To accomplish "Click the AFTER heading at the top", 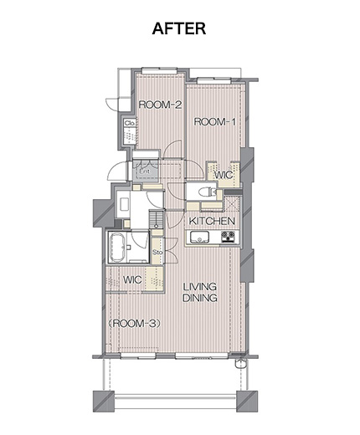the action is click(179, 28).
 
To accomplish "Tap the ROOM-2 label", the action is click(160, 105).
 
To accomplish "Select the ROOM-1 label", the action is click(215, 122).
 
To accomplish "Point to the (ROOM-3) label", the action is click(135, 324).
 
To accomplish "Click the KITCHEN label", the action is click(212, 221).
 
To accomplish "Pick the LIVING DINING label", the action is click(200, 292).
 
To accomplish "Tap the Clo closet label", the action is click(130, 123).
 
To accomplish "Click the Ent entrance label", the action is click(145, 171).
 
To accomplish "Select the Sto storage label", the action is click(157, 252).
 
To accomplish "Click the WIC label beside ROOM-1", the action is click(224, 175).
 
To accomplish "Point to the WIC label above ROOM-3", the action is click(132, 279).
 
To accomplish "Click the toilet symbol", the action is click(207, 192).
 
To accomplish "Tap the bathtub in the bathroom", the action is click(117, 248).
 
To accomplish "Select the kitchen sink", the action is click(200, 238).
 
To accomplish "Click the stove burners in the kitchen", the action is click(228, 237).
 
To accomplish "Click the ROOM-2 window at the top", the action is click(159, 71).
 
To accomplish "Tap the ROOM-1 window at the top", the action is click(214, 80).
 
